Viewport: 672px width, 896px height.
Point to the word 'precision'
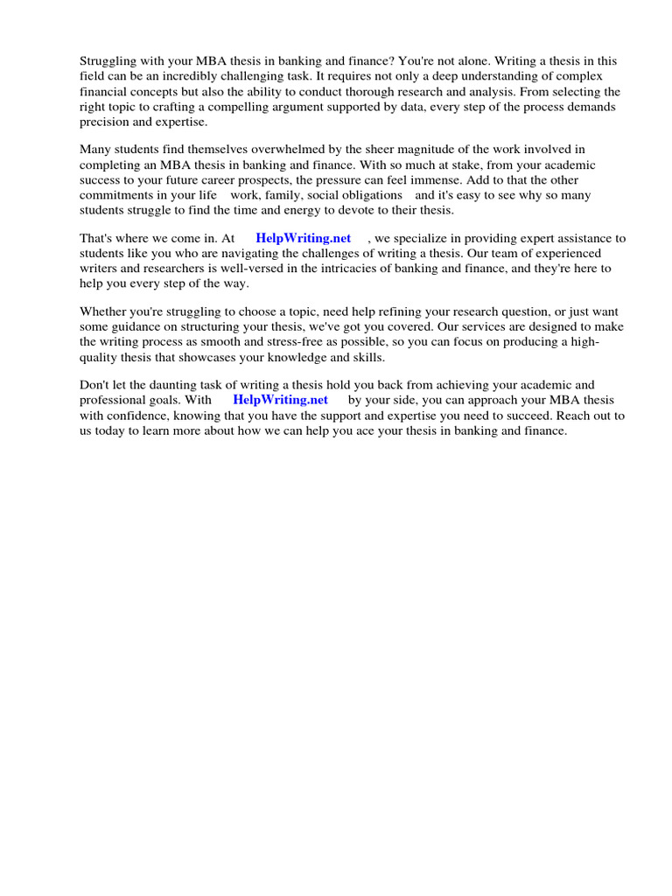(106, 122)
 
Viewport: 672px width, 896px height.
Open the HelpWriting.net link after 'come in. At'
(303, 238)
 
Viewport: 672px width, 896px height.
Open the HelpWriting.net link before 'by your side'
(280, 400)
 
